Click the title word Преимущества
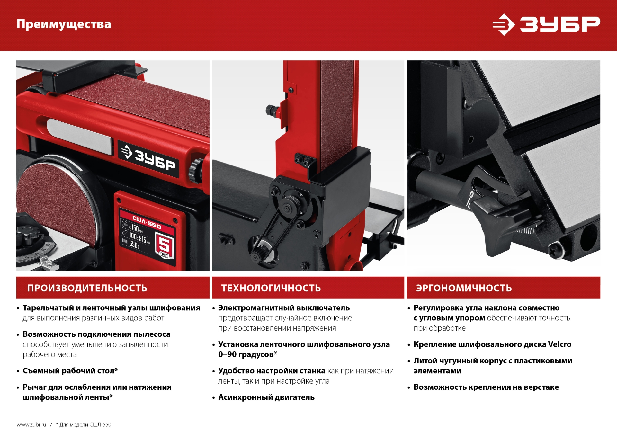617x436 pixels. pos(64,24)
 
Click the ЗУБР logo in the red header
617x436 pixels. pos(546,24)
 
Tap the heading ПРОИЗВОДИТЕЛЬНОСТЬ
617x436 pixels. pos(87,288)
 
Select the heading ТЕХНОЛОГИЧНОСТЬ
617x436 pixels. pos(271,288)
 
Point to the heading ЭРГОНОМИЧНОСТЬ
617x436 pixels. pos(464,288)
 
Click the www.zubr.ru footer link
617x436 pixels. pos(31,424)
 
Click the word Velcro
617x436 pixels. pos(559,344)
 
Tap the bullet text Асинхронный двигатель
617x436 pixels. pos(266,397)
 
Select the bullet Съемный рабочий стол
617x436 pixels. pos(70,371)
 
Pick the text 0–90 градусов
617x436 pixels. pos(247,354)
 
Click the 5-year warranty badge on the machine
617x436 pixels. pos(164,246)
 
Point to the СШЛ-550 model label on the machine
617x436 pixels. pos(147,222)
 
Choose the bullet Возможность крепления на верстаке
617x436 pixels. pos(486,387)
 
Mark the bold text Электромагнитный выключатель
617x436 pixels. pos(284,308)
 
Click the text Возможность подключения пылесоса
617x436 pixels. pos(96,334)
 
